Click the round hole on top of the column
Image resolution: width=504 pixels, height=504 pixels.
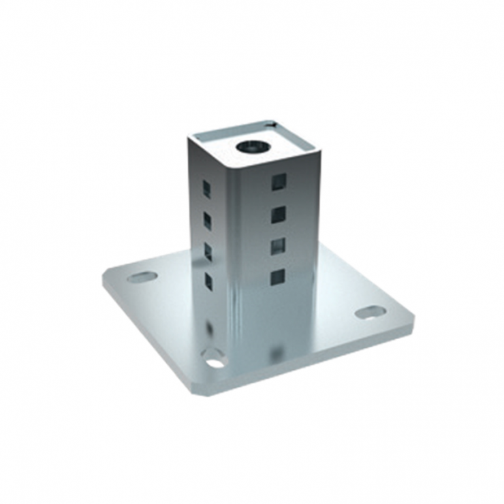coord(251,146)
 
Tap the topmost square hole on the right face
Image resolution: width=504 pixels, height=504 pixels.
coord(278,181)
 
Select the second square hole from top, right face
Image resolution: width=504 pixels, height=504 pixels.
coord(278,215)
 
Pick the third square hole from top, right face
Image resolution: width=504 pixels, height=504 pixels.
coord(278,246)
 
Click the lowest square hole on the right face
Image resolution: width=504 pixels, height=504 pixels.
coord(277,277)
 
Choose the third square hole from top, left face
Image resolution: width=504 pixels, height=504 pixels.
coord(208,251)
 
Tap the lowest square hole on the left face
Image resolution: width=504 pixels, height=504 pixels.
coord(208,281)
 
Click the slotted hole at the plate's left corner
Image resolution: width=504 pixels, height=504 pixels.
coord(142,277)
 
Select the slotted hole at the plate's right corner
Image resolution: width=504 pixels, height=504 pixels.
coord(370,312)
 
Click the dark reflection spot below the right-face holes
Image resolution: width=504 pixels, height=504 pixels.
coord(276,351)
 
